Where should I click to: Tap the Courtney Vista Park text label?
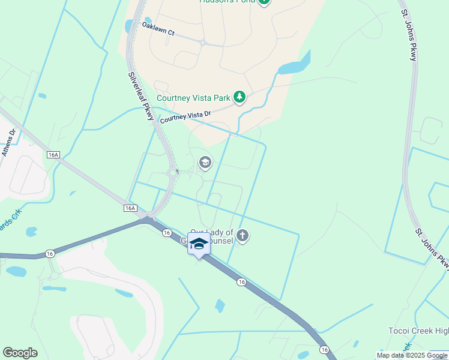(193, 98)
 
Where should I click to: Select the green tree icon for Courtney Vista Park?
(240, 97)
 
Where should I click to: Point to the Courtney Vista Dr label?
(185, 116)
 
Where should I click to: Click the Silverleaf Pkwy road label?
(142, 97)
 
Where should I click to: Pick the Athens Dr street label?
(7, 143)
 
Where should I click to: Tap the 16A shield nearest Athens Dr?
(53, 155)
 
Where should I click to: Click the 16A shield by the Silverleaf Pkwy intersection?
(130, 208)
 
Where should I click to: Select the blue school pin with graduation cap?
(199, 244)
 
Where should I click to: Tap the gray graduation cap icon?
(205, 163)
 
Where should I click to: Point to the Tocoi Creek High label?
(418, 332)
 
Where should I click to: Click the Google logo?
(20, 353)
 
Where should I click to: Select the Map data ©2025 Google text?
(412, 355)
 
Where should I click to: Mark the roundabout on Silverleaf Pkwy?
(173, 173)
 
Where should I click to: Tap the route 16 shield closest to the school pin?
(166, 233)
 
